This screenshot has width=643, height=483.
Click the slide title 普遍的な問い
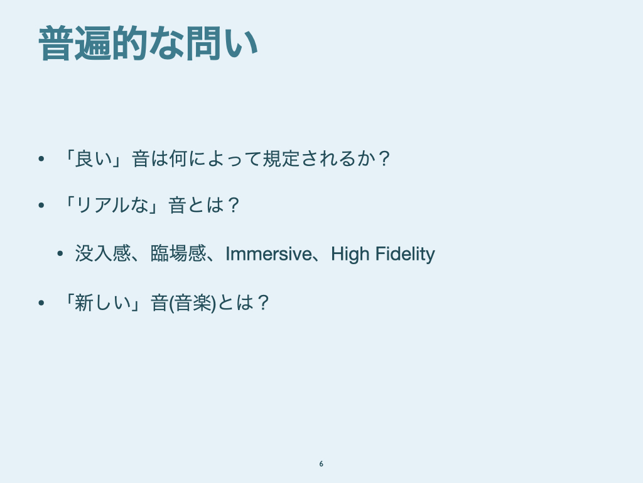tap(148, 43)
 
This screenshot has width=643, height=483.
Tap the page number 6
tap(321, 464)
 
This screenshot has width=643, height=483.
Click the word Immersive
tap(269, 254)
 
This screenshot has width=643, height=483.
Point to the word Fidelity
tap(405, 254)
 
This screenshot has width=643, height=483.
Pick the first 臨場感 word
tap(178, 253)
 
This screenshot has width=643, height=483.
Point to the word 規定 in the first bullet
tap(281, 158)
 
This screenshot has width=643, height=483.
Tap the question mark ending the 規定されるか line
tap(384, 158)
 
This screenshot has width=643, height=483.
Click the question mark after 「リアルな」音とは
tap(234, 205)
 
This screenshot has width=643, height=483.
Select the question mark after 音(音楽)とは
tap(264, 303)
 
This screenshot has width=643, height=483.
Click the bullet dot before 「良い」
tap(41, 159)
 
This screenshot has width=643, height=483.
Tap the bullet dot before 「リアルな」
tap(41, 206)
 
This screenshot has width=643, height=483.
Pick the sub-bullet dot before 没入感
tap(60, 254)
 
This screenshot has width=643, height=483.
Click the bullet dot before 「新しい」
tap(41, 304)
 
